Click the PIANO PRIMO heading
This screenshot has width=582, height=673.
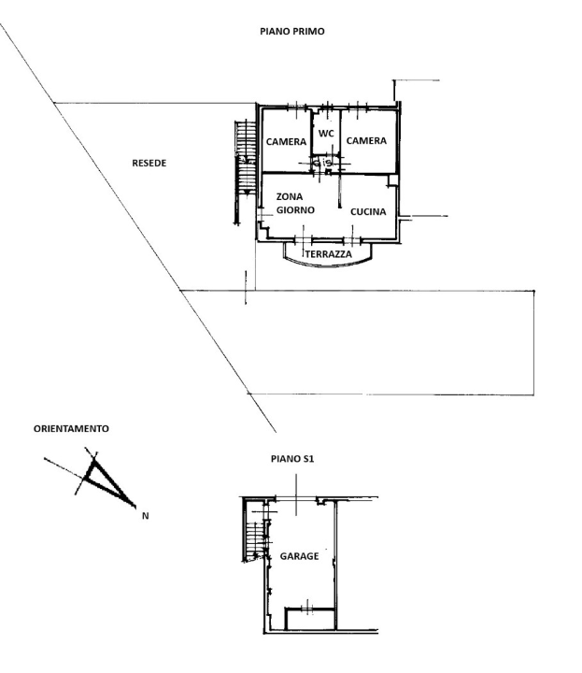[x=291, y=31]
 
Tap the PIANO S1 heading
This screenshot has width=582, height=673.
[x=291, y=459]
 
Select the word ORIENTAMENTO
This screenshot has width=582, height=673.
[x=71, y=428]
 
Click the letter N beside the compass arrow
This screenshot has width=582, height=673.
[x=145, y=514]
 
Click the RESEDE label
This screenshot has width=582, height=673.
[x=149, y=163]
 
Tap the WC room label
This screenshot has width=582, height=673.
[x=326, y=134]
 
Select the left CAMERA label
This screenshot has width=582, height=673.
[x=286, y=142]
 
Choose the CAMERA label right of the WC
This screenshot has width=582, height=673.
[x=366, y=141]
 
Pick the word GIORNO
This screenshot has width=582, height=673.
[x=294, y=210]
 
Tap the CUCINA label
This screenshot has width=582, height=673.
[x=368, y=211]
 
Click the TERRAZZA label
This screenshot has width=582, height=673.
[x=328, y=254]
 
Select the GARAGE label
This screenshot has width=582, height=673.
[x=299, y=556]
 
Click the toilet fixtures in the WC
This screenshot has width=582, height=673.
[x=322, y=164]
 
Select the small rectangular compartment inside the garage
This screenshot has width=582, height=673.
[x=310, y=618]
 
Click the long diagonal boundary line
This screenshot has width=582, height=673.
[x=140, y=224]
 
